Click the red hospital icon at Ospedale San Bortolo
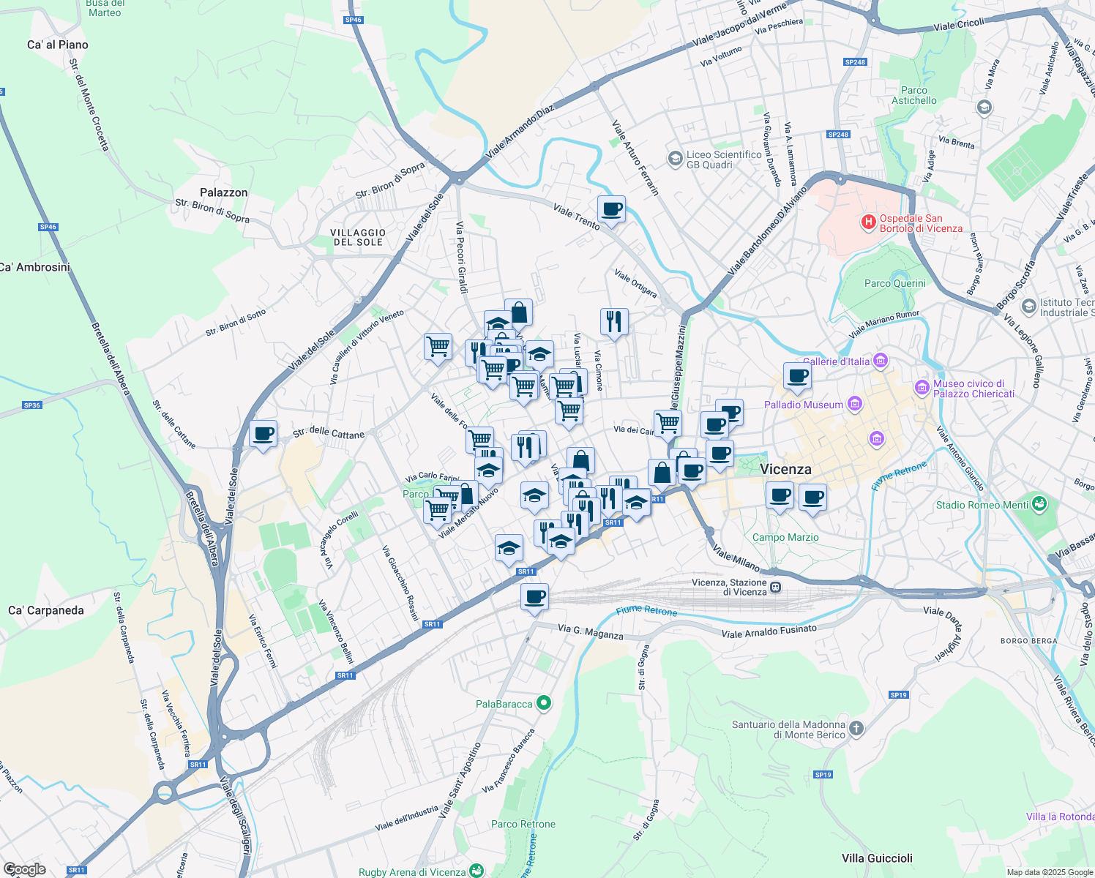tap(869, 222)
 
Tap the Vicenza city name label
tap(785, 469)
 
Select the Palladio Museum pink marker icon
tap(854, 404)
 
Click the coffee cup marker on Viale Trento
tap(611, 210)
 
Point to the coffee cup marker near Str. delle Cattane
tap(263, 434)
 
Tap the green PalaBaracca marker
tap(544, 703)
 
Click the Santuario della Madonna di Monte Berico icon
tap(856, 729)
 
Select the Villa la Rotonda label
tap(1060, 817)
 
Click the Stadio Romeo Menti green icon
tap(1039, 504)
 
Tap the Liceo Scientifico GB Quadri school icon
tap(675, 159)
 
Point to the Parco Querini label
tap(894, 283)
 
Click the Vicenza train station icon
tap(776, 587)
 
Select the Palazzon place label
tap(223, 192)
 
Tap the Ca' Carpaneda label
tap(46, 610)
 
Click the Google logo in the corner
tap(24, 869)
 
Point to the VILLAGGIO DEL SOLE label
tap(359, 237)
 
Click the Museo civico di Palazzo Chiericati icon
tap(922, 386)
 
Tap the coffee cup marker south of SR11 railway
tap(534, 597)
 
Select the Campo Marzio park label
tap(785, 537)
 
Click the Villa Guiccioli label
tap(877, 858)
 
